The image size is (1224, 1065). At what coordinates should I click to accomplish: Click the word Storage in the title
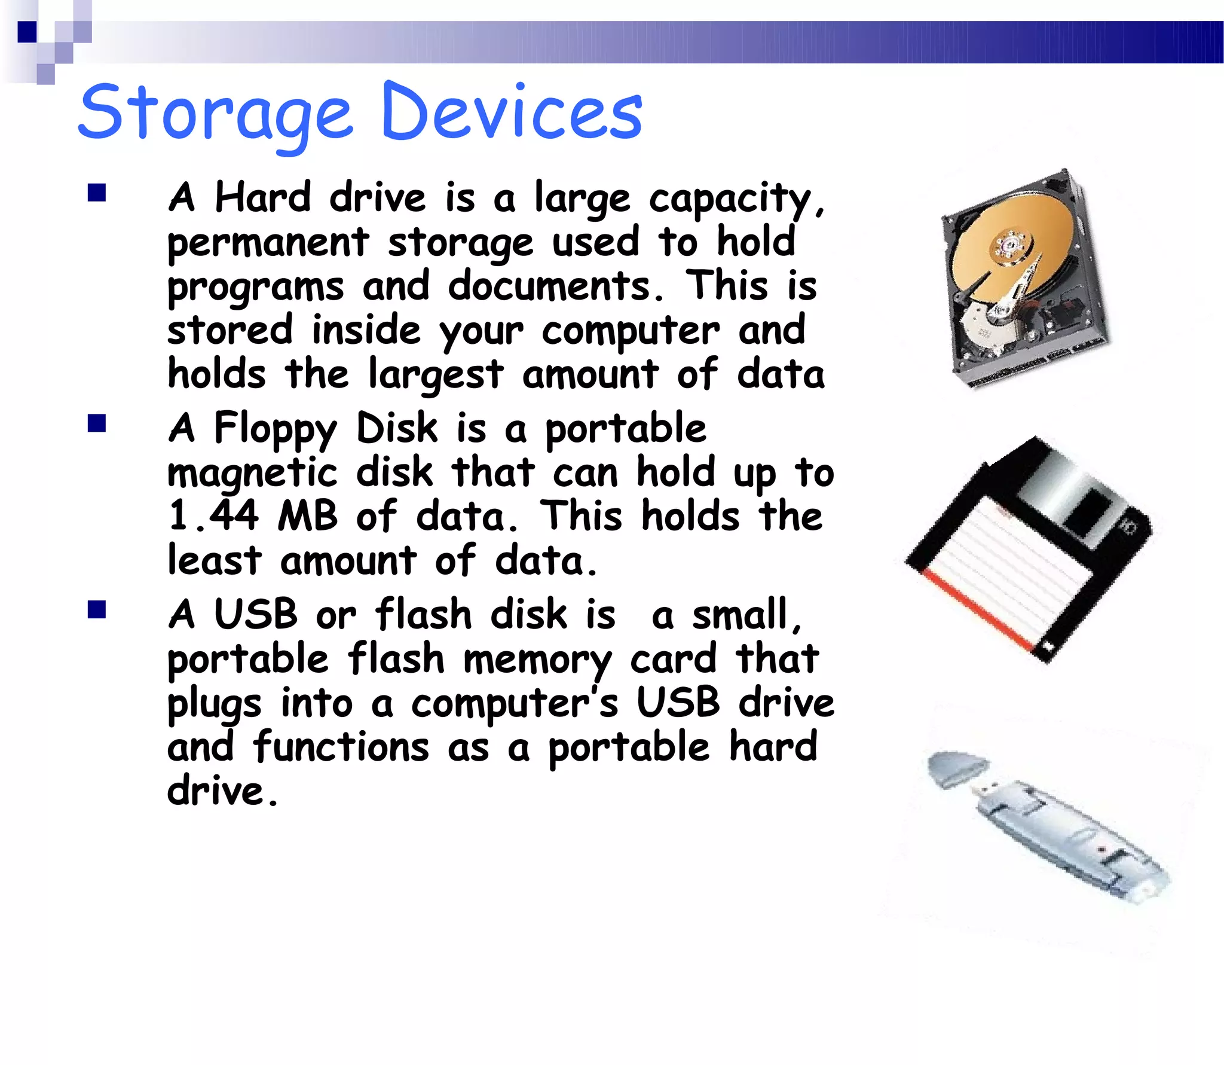coord(215,114)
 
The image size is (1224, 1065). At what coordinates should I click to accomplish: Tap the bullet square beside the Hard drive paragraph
coord(96,193)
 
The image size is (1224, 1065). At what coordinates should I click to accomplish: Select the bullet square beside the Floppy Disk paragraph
coord(96,423)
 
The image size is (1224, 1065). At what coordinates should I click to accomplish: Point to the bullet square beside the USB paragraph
coord(96,609)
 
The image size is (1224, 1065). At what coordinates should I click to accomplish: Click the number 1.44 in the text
coord(213,516)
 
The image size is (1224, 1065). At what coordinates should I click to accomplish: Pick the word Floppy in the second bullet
coord(276,429)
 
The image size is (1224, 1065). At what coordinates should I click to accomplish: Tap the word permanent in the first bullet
coord(268,243)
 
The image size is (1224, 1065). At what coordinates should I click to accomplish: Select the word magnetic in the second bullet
coord(252,474)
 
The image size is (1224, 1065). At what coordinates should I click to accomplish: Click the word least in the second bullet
coord(214,561)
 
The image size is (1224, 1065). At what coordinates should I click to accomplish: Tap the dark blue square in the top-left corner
coord(27,32)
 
